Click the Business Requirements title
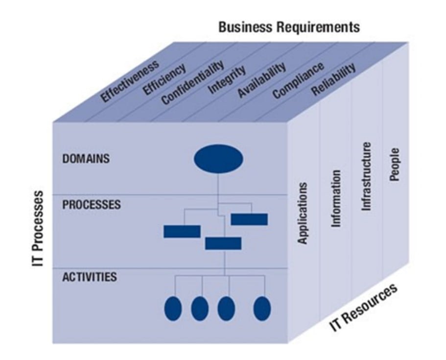point(289,27)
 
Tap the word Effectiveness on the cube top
point(129,81)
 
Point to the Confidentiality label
point(193,82)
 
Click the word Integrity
point(227,80)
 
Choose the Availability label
point(261,80)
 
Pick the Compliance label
point(298,80)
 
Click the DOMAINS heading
point(86,159)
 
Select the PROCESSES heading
point(92,205)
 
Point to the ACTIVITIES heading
point(90,277)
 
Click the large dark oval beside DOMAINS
point(218,159)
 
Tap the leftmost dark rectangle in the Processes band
point(182,231)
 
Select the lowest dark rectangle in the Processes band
point(223,243)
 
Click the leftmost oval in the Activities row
point(173,309)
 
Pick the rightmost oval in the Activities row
point(262,309)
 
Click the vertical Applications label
point(303,213)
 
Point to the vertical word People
point(395,164)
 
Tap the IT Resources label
point(364,308)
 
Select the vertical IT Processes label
point(38,229)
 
